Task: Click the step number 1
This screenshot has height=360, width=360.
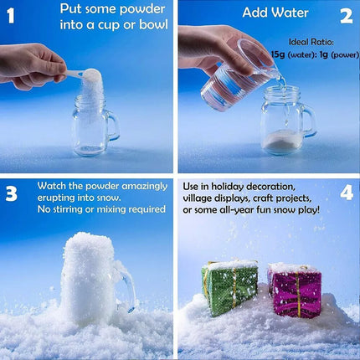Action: coord(10,16)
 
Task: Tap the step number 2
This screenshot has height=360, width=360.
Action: coord(347,17)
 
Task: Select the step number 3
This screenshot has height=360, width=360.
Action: coord(12,193)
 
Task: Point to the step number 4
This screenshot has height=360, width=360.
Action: coord(347,193)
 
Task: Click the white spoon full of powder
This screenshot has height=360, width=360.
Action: coord(84,75)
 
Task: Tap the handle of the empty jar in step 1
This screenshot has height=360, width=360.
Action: coord(113,125)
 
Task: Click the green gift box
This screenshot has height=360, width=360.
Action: coord(229,287)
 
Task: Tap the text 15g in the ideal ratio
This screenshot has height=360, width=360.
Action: coord(278,54)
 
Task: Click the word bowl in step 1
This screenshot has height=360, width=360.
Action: coord(153,24)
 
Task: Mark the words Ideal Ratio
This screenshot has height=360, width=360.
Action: coord(311,42)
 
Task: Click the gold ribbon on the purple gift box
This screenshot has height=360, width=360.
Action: coord(299,295)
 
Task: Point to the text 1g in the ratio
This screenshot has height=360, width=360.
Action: coord(324,54)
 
